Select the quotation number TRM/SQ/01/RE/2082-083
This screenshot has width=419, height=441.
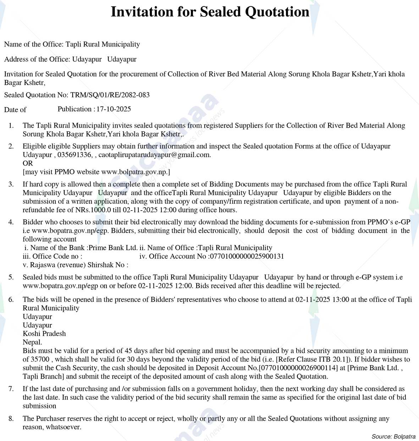click(x=110, y=95)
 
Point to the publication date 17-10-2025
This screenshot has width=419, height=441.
click(x=114, y=109)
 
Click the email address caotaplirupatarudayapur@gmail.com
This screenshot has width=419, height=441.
click(x=154, y=155)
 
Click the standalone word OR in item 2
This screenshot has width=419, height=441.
click(x=28, y=163)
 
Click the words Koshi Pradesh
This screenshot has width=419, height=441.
click(x=44, y=334)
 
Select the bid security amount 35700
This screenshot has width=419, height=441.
click(x=36, y=359)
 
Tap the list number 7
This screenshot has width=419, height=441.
click(x=11, y=389)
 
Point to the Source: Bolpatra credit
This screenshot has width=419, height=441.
click(x=393, y=437)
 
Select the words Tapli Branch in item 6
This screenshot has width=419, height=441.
click(x=43, y=376)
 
